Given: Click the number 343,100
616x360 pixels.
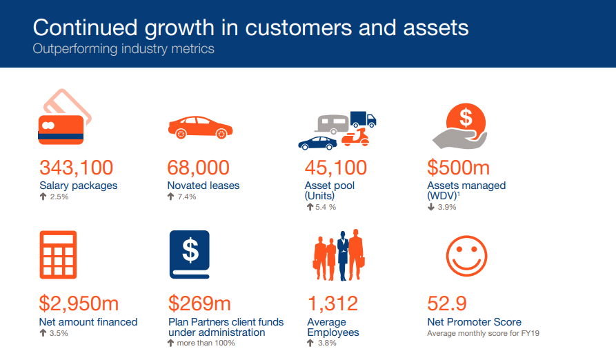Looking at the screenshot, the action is click(x=76, y=168).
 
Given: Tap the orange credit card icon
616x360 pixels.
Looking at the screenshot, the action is click(x=61, y=130).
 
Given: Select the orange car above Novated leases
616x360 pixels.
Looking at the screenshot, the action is click(x=200, y=128).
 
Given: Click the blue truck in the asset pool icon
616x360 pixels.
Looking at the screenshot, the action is click(x=363, y=119).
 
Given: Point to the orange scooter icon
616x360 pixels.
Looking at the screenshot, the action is click(x=355, y=137).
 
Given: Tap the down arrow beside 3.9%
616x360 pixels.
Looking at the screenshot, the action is click(x=431, y=207).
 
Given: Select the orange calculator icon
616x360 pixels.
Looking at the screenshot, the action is click(x=58, y=254).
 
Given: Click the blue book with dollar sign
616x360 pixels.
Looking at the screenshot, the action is click(x=190, y=254).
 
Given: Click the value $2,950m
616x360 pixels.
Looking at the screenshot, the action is click(x=79, y=303).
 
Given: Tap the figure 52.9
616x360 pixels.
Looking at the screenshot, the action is click(x=447, y=303).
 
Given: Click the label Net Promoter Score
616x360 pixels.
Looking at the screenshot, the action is click(x=474, y=322).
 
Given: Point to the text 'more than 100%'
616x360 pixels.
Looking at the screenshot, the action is click(x=206, y=343).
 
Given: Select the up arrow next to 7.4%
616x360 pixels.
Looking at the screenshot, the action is click(x=170, y=197).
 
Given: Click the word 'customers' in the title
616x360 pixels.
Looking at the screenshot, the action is click(x=298, y=28).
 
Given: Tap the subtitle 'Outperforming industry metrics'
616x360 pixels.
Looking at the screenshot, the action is click(x=123, y=49).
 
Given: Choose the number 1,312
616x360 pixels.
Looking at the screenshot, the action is click(x=332, y=303).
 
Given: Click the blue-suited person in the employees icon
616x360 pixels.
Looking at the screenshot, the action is click(x=343, y=256).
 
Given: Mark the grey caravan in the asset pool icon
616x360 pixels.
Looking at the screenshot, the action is click(x=332, y=124).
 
